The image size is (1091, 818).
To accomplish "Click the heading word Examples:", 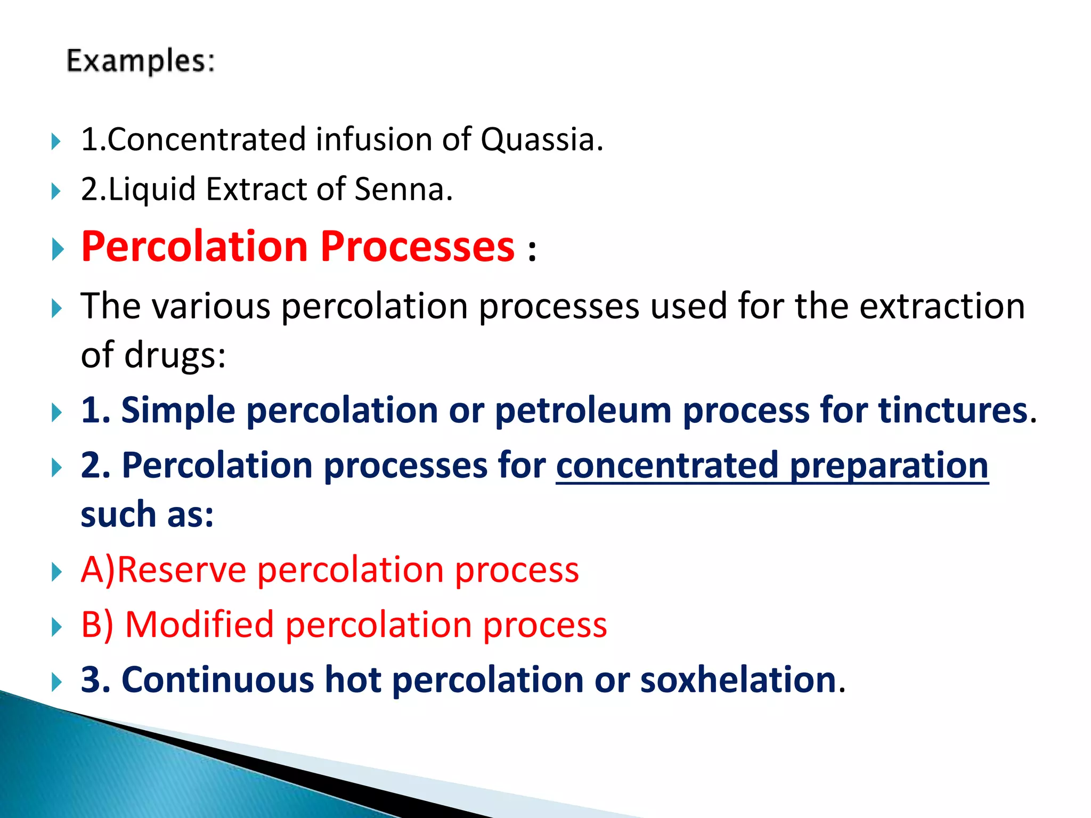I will [141, 61].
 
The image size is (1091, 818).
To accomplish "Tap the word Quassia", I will [541, 140].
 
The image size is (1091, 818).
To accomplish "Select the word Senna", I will [403, 189].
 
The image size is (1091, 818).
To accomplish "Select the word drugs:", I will [175, 355].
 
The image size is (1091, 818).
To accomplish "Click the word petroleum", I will [583, 411].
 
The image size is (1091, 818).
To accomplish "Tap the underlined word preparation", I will [889, 465].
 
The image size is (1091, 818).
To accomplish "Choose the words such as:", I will [147, 515].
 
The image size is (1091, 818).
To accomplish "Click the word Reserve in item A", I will [181, 570].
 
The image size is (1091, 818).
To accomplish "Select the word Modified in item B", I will [199, 625].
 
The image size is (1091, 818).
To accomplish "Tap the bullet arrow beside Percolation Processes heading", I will [58, 249].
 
